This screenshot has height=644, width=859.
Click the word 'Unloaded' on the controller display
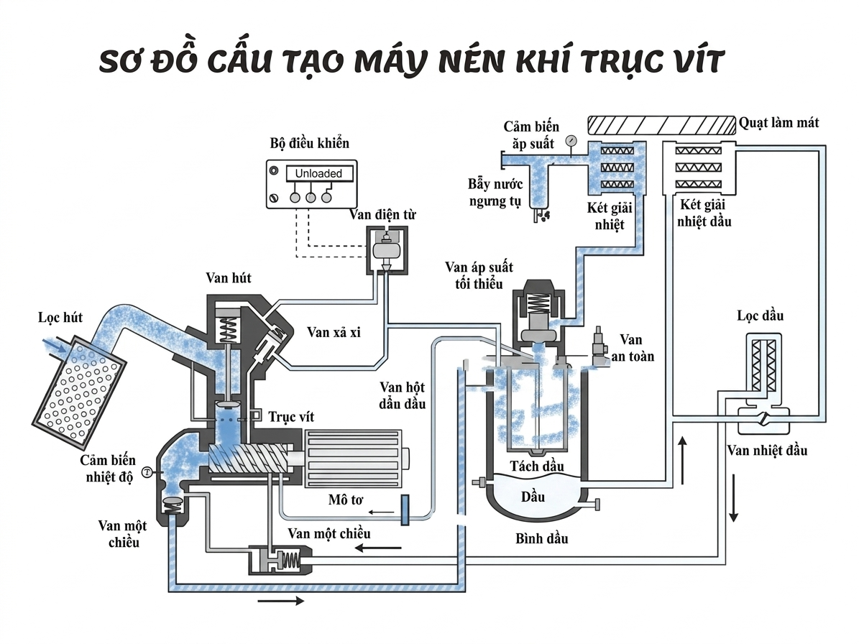(x=313, y=174)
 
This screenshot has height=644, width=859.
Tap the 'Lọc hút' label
(x=58, y=317)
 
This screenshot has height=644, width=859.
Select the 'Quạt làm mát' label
(x=778, y=123)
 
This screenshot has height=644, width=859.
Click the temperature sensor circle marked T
(x=147, y=471)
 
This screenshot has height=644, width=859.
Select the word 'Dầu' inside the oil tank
(x=533, y=497)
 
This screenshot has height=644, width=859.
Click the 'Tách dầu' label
(x=536, y=466)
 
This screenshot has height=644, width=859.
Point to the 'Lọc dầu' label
(x=760, y=316)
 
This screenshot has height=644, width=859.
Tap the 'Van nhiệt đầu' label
(x=766, y=451)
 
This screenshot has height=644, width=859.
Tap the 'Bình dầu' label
(x=541, y=538)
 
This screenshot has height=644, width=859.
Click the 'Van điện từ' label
(x=382, y=214)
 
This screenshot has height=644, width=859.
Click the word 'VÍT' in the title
(x=689, y=63)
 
